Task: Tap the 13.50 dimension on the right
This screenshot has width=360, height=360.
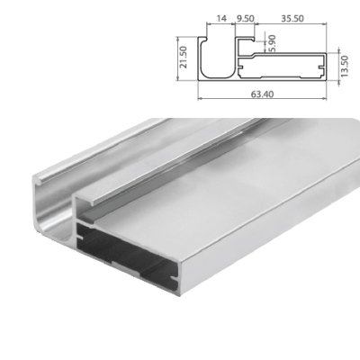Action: [346, 67]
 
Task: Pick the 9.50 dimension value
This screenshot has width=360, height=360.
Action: [244, 17]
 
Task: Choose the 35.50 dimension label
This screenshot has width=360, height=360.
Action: [291, 17]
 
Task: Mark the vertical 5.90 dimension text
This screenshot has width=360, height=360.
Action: [273, 43]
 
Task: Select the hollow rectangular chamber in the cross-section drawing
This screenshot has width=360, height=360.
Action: [288, 67]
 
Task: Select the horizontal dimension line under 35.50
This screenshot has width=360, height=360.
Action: [291, 24]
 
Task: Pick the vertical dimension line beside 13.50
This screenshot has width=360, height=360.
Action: [337, 67]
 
